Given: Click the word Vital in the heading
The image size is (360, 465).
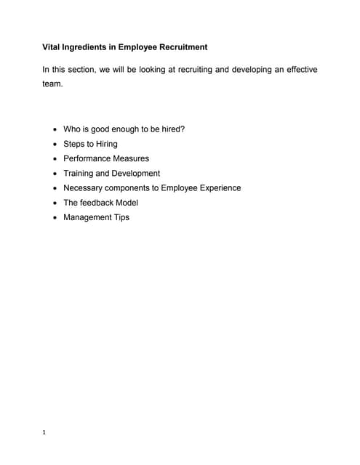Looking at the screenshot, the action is [x=52, y=47].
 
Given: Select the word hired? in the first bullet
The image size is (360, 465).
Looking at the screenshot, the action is [x=170, y=129].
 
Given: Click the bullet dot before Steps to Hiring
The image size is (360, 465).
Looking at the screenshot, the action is [x=56, y=145].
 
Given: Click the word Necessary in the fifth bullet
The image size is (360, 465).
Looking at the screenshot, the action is [x=84, y=187].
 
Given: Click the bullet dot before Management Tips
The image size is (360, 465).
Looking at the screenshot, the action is [x=56, y=218].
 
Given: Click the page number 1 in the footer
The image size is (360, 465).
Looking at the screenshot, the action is [x=44, y=433].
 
